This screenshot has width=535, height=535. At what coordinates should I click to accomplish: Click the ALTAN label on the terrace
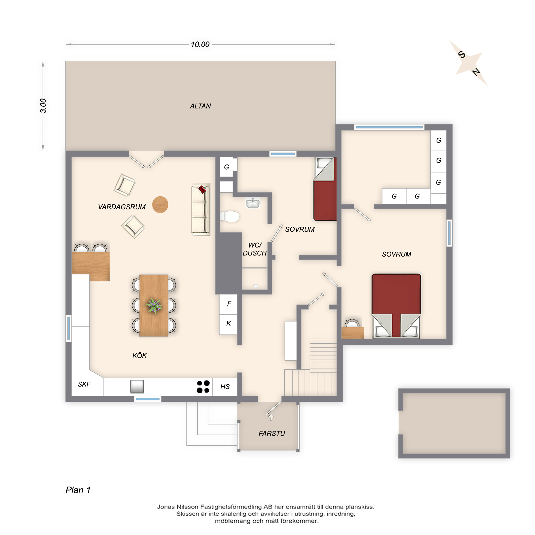click(x=200, y=106)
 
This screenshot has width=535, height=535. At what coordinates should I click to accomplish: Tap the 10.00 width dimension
click(x=200, y=44)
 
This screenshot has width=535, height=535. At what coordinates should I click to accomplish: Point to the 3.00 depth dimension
click(x=43, y=106)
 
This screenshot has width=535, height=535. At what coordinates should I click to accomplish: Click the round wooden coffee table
click(x=160, y=205)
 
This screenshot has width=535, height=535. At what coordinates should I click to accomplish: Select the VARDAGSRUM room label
click(x=121, y=207)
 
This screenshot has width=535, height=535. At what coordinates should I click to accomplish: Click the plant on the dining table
click(x=154, y=306)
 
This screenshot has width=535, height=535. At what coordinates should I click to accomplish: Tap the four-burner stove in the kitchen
click(x=203, y=387)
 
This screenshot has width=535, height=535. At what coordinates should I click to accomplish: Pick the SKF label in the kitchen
click(x=84, y=384)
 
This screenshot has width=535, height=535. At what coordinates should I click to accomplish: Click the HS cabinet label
click(x=225, y=387)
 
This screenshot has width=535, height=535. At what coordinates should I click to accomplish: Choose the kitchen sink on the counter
click(x=137, y=386)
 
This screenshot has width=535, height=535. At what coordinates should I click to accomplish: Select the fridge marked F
click(x=228, y=304)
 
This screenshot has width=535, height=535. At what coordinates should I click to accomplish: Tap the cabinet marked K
click(x=228, y=324)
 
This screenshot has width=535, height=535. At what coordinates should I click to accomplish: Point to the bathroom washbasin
click(x=253, y=203)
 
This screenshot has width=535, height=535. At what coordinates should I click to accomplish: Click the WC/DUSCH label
click(x=255, y=249)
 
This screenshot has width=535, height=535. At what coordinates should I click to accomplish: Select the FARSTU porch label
click(x=272, y=433)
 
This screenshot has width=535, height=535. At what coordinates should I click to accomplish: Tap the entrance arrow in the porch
click(x=271, y=417)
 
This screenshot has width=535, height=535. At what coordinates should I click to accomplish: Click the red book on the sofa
click(x=202, y=189)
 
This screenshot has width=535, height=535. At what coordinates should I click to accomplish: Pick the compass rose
click(x=469, y=63)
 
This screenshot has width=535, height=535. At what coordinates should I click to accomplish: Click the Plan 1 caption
click(x=78, y=490)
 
